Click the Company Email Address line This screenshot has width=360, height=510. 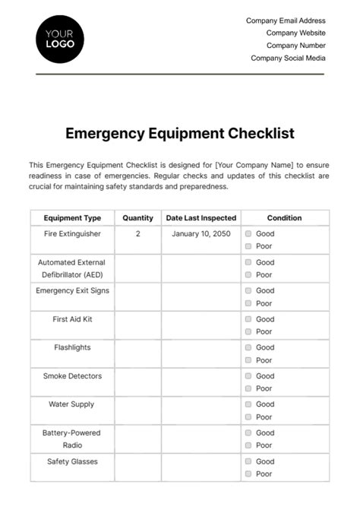click(286, 21)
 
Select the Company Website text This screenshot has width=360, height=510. click(295, 33)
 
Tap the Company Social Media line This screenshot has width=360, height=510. click(288, 58)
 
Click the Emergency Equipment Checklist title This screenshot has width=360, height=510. click(180, 133)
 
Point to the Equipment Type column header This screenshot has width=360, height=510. click(72, 218)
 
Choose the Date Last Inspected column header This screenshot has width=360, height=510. click(201, 218)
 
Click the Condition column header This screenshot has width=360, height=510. click(285, 218)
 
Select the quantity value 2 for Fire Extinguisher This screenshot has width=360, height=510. click(137, 234)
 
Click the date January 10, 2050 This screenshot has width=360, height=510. click(201, 234)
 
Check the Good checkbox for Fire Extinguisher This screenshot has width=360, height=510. click(248, 234)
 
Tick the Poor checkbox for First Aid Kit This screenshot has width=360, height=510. click(248, 332)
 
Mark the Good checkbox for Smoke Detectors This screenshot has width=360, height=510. click(248, 376)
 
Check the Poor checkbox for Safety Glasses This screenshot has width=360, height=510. click(248, 474)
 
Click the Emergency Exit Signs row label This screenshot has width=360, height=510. click(72, 290)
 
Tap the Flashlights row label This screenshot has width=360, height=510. click(72, 347)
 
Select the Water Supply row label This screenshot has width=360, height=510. click(72, 404)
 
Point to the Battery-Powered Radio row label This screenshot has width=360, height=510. click(72, 439)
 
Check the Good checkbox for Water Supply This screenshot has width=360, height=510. click(248, 404)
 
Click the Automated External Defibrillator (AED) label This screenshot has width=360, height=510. click(72, 268)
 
